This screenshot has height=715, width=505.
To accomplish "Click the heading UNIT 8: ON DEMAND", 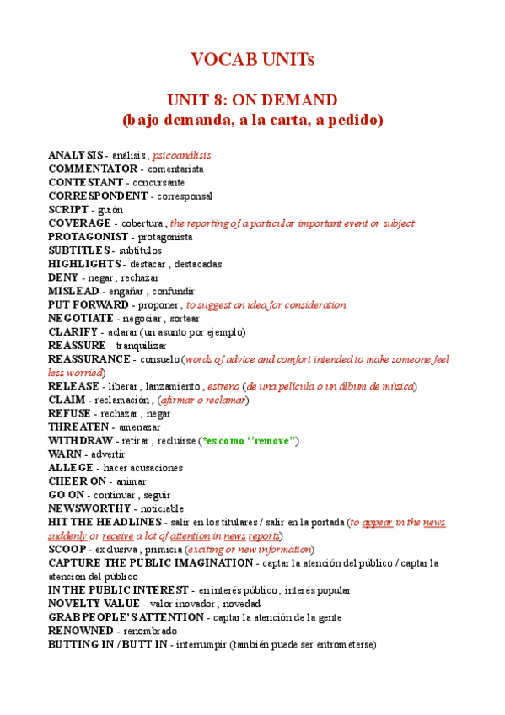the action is tap(252, 99).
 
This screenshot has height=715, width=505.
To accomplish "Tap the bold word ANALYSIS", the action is tap(75, 156).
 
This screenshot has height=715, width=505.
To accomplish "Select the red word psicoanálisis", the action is tap(181, 156).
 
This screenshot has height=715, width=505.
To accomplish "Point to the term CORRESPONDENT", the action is tap(98, 196).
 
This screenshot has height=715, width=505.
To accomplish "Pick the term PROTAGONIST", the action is tap(89, 237).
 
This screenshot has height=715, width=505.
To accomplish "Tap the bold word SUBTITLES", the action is tap(78, 250).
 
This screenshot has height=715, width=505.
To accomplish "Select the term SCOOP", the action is tap(67, 549).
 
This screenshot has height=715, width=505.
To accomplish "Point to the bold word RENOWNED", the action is tap(80, 631).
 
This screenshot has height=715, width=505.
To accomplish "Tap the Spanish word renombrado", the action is tap(150, 631).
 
